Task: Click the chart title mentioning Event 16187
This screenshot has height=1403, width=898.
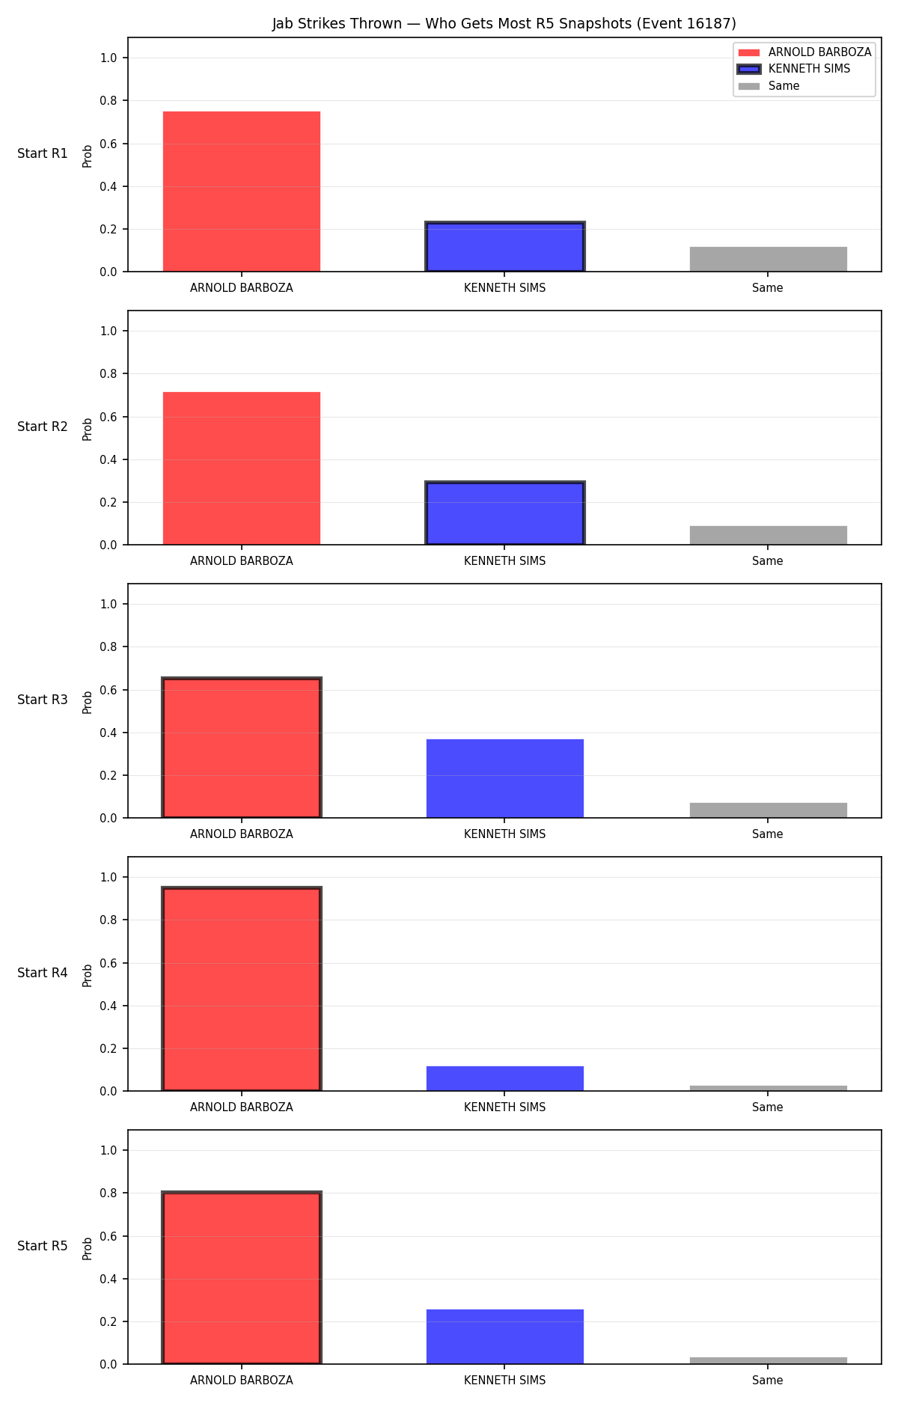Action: point(504,24)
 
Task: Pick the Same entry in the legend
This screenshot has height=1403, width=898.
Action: point(769,86)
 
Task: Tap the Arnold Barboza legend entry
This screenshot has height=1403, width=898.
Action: point(804,52)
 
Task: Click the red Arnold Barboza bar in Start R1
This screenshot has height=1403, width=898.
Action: point(242,192)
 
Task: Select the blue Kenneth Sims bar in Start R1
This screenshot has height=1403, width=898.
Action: point(505,247)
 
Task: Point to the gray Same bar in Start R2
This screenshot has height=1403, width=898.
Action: point(769,535)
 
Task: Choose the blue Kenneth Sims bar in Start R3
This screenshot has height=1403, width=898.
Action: point(505,778)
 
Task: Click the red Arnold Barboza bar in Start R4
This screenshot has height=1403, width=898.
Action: point(242,989)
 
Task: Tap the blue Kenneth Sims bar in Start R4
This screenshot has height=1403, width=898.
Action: point(505,1078)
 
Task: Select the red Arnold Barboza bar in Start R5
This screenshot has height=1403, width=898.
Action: point(242,1278)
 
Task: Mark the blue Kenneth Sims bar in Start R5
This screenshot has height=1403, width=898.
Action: point(505,1336)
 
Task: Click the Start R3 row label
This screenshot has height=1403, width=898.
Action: point(43,700)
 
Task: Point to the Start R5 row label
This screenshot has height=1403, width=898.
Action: point(43,1246)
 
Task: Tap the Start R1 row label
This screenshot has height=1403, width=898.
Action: point(43,153)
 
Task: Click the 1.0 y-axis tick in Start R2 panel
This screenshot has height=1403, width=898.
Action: point(109,331)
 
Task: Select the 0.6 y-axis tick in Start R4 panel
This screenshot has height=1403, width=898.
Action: point(109,963)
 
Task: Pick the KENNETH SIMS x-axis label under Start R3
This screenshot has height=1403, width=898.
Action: point(505,834)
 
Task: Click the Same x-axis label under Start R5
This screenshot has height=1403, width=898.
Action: point(768,1380)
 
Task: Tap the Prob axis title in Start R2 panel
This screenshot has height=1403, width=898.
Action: point(88,429)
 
